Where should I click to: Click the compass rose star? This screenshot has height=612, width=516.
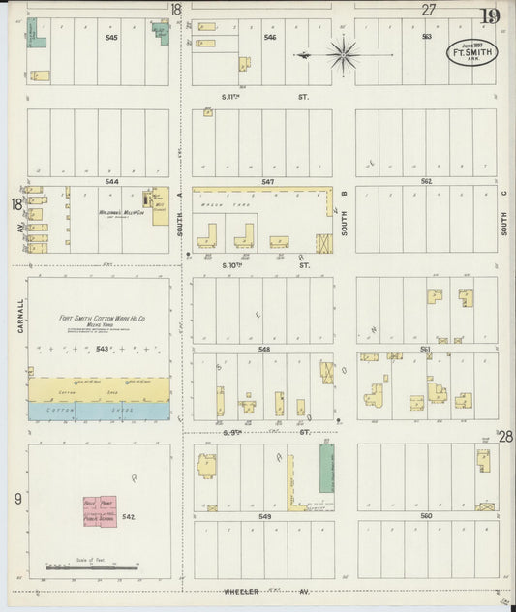point(343,55)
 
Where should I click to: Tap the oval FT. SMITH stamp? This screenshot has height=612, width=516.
point(472,52)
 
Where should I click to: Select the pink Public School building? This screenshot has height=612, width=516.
point(100,512)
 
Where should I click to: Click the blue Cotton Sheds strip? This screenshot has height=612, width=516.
point(98,411)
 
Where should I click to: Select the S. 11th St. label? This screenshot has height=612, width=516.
point(262,97)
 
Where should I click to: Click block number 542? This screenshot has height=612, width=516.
point(129,517)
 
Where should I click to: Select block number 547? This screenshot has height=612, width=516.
point(268,181)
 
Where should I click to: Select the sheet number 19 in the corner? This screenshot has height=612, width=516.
point(489,15)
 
